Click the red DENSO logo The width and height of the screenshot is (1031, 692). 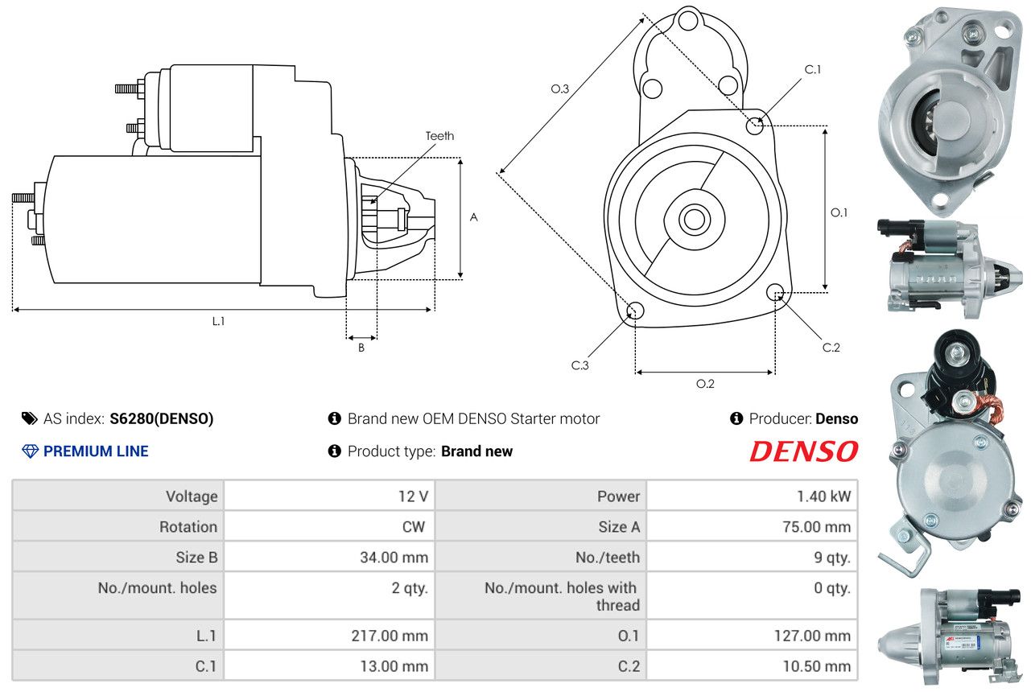(x=803, y=451)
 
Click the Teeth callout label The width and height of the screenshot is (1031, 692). (x=439, y=136)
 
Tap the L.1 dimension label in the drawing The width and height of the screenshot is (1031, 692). (x=218, y=321)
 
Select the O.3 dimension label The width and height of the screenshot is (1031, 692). (x=560, y=89)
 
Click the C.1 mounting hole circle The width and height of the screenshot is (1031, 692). (x=755, y=126)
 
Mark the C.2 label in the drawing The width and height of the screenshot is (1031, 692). (x=831, y=348)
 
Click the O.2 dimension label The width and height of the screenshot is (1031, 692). (x=705, y=384)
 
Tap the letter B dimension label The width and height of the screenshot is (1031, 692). (x=361, y=348)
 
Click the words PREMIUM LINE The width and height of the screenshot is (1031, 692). (x=96, y=451)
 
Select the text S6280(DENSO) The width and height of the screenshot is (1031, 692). (x=162, y=418)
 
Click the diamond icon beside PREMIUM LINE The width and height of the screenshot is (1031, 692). (x=30, y=451)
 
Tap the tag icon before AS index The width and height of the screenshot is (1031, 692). (x=30, y=418)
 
